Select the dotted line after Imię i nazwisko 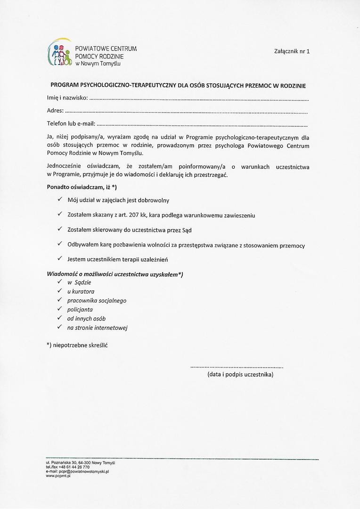coord(198,100)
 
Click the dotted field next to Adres coord(186,113)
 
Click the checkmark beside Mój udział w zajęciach coord(60,200)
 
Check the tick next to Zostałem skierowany coord(60,230)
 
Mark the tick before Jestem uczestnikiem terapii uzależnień coord(60,259)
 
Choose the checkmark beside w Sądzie coord(60,282)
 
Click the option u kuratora coord(81,291)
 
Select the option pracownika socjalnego coord(97,300)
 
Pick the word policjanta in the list coord(80,310)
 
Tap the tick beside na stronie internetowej coord(60,327)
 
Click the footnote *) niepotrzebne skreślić coord(77,345)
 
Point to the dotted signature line coord(237,366)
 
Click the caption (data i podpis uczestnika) coord(240,375)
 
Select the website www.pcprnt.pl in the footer coord(58,476)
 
